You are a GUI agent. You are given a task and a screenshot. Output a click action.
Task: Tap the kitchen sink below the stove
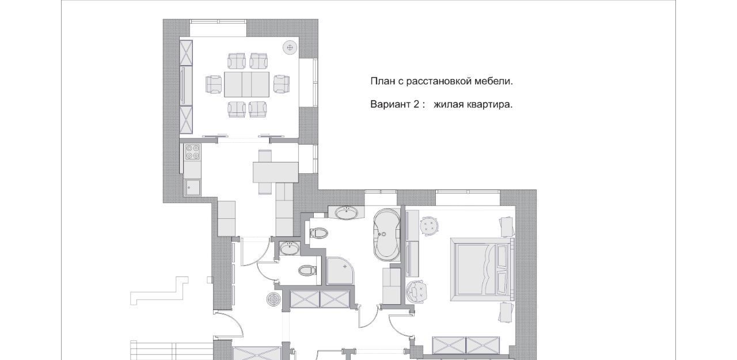point(192,187)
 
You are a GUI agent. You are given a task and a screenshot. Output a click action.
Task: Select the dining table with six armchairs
point(247,84)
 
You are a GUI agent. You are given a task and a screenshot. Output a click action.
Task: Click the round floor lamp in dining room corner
point(290,48)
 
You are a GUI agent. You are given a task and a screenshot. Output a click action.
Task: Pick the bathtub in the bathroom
point(386,235)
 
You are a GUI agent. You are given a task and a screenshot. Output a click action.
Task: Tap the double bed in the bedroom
point(482,270)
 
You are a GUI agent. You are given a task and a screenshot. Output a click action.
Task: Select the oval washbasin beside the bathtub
point(347,212)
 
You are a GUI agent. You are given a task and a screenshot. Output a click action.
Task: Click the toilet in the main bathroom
point(318,233)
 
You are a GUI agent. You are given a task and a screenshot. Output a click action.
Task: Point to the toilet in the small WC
point(307,271)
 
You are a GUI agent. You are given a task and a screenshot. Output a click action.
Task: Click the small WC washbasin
point(290,248)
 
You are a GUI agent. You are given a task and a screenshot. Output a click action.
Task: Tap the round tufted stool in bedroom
point(430,226)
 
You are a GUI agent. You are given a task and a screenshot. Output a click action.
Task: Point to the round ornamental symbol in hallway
point(273,299)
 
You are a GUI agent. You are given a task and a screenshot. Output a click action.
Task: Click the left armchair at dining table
point(214,84)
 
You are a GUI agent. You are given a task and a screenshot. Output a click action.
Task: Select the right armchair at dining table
point(282,84)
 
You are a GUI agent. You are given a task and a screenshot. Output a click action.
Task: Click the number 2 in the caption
point(416,104)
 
